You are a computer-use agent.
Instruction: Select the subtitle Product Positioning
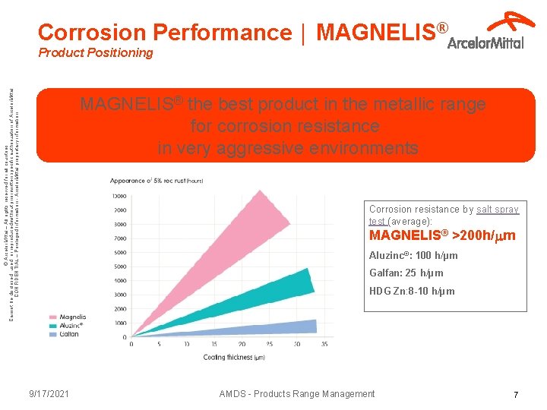[95, 53]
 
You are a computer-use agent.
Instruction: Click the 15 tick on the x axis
[187, 344]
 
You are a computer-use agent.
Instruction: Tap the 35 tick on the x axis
[324, 344]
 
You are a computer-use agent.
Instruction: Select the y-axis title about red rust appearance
[156, 181]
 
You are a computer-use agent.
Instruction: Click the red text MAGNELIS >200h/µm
[442, 236]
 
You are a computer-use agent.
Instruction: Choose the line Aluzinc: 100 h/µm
[413, 256]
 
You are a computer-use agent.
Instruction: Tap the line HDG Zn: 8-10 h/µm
[412, 292]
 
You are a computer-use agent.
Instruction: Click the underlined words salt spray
[498, 210]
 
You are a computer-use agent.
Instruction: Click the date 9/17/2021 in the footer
[49, 393]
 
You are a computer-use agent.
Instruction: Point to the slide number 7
[516, 395]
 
